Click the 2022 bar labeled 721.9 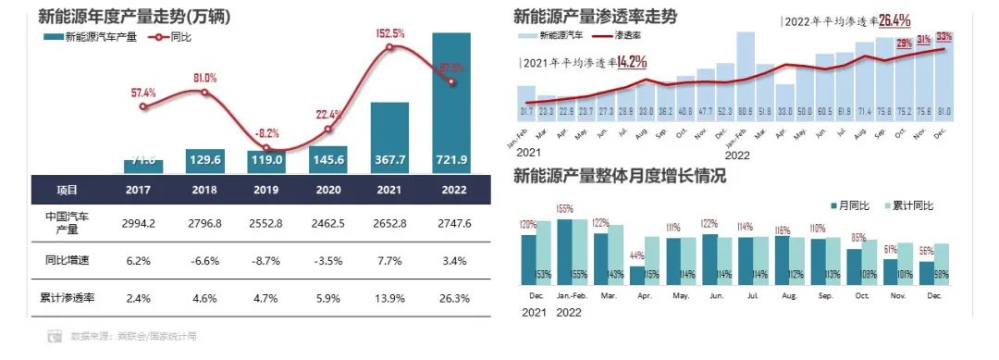(x=451, y=102)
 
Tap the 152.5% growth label (x=390, y=33)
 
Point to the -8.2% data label (x=266, y=132)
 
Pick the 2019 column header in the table (x=266, y=190)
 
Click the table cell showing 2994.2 (x=142, y=222)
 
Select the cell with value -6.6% (x=204, y=261)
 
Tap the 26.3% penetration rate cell (x=451, y=299)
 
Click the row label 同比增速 (x=66, y=261)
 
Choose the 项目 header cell (x=66, y=190)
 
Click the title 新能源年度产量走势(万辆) (x=135, y=17)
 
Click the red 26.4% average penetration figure (x=894, y=19)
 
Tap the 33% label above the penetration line (x=943, y=37)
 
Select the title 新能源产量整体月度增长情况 (x=619, y=176)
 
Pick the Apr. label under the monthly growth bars (x=638, y=296)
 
